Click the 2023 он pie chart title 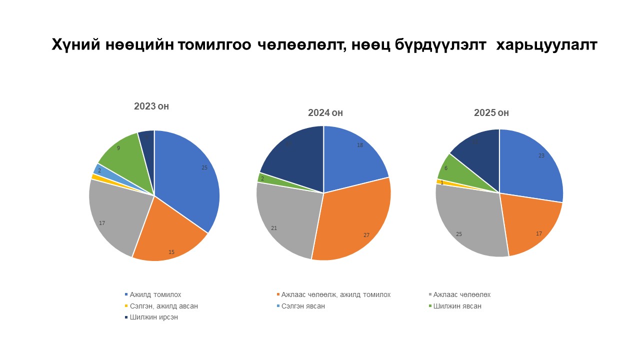(x=154, y=106)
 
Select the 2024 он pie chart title (x=325, y=113)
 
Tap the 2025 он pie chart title (x=491, y=113)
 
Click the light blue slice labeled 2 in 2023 (x=98, y=169)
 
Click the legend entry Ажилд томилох (x=155, y=294)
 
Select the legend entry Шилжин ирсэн (x=153, y=317)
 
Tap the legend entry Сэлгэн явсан (x=302, y=306)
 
